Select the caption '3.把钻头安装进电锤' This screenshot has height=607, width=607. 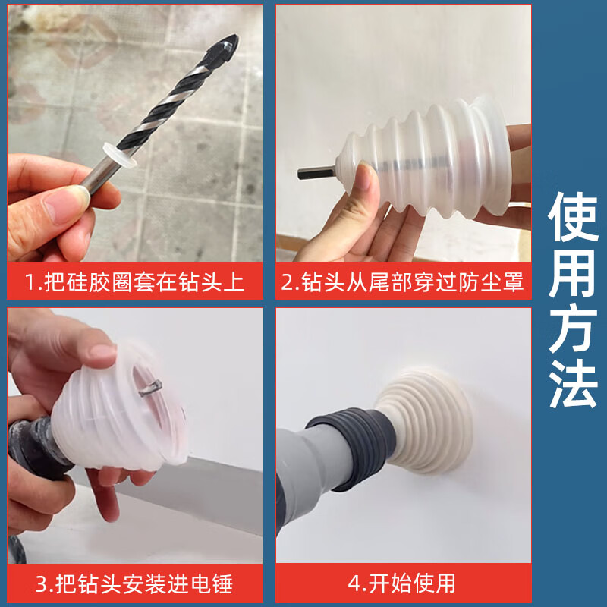tap(135, 583)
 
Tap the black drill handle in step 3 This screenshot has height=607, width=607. tap(30, 455)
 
